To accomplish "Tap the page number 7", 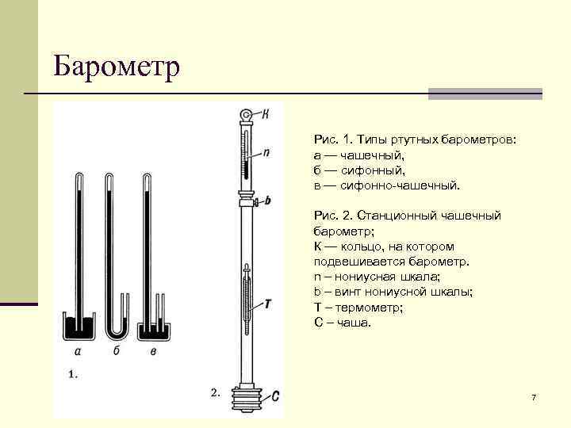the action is [x=534, y=396].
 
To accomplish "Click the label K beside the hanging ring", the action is [x=265, y=114].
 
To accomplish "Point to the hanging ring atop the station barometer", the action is [x=247, y=116].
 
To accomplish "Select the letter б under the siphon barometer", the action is [x=116, y=352].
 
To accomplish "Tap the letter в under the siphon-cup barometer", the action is [x=152, y=352].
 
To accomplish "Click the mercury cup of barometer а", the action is [x=79, y=327].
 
